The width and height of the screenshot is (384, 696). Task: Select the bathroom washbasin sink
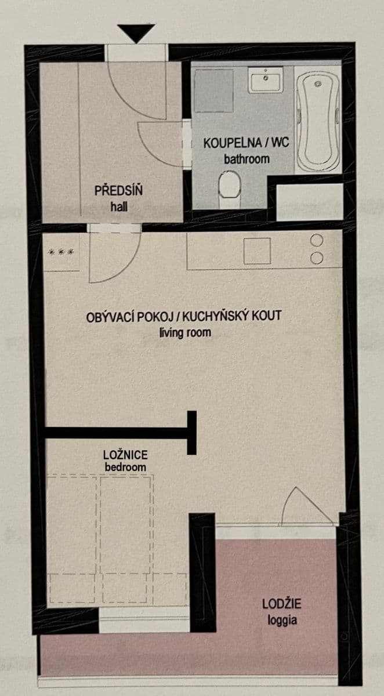[266, 79]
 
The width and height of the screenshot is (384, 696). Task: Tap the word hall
[118, 206]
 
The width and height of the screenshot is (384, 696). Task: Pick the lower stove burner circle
[317, 258]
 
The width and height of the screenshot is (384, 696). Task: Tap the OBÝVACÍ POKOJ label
[131, 317]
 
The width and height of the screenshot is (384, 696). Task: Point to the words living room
[185, 333]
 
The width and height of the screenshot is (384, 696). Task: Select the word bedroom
[125, 467]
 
